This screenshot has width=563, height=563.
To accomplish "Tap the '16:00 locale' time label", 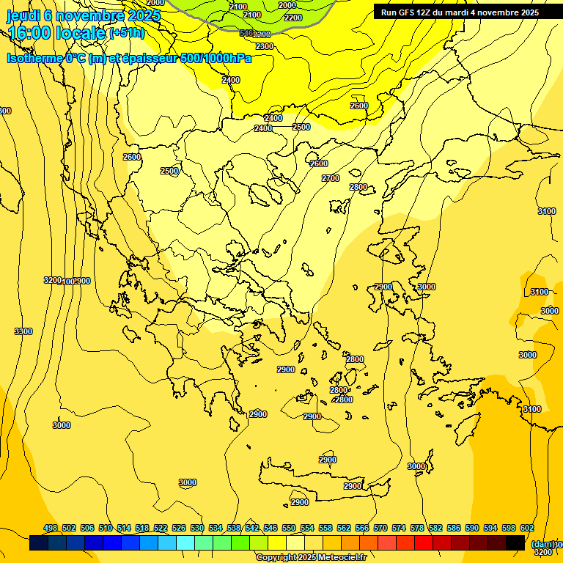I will point(56,32).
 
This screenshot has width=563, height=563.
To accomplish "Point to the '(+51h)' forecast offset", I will point(127,33).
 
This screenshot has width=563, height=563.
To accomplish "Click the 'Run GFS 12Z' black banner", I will point(460,12).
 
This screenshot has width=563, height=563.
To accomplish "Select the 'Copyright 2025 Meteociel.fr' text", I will point(312,558).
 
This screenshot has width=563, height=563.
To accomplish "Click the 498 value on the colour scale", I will point(51,528).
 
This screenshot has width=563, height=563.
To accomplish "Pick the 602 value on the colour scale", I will point(527,528).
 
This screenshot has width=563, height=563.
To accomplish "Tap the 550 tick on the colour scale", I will point(289,528).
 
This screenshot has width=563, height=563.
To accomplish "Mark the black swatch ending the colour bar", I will point(515,543).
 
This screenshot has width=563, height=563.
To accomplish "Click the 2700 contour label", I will point(331,178).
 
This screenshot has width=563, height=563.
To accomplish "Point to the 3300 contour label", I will point(23,331).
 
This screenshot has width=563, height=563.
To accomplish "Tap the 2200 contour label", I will point(292,18).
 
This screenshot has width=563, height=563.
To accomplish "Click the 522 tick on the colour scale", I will point(161,528).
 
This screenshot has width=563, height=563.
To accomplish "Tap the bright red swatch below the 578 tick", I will point(424,543).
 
